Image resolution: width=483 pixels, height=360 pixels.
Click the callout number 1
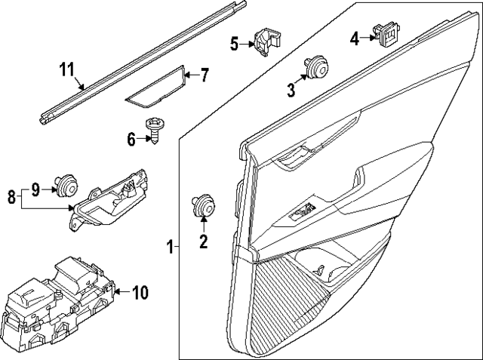(x=170, y=245)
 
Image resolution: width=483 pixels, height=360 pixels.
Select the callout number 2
(x=203, y=242)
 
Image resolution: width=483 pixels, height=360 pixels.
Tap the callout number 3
(x=291, y=91)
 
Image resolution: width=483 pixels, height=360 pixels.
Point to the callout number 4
(x=354, y=37)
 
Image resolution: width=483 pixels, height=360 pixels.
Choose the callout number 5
(x=235, y=45)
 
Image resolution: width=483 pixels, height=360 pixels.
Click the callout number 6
(x=131, y=138)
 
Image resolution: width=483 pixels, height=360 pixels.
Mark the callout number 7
(x=204, y=75)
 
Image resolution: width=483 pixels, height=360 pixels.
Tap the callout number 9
(x=35, y=188)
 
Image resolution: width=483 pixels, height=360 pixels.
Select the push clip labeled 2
(x=203, y=206)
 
